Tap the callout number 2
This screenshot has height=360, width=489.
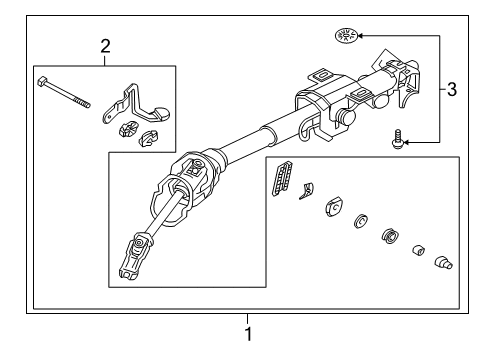105,44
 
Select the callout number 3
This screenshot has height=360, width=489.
452,90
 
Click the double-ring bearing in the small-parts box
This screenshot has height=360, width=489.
389,239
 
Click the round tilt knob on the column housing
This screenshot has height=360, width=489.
347,115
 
